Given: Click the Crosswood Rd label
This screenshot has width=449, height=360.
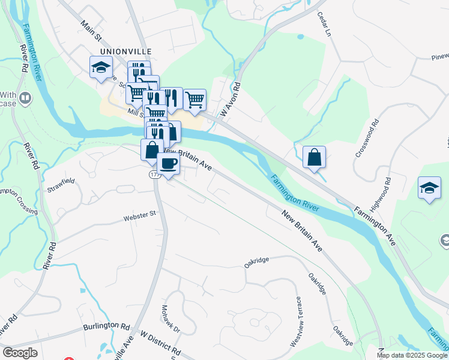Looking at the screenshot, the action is click(367, 138).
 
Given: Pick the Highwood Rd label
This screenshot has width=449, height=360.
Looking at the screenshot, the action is click(380, 194).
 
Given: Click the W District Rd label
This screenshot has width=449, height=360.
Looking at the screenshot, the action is click(160, 341).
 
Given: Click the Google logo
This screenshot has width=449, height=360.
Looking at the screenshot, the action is click(20, 353).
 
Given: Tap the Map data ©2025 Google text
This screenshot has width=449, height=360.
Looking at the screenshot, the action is click(411, 355).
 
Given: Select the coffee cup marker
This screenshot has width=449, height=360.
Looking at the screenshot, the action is click(168, 163).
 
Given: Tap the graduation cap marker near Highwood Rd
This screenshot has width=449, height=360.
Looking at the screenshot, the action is click(429, 188).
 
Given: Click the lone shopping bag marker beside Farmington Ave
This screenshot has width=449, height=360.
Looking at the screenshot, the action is click(314, 158).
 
